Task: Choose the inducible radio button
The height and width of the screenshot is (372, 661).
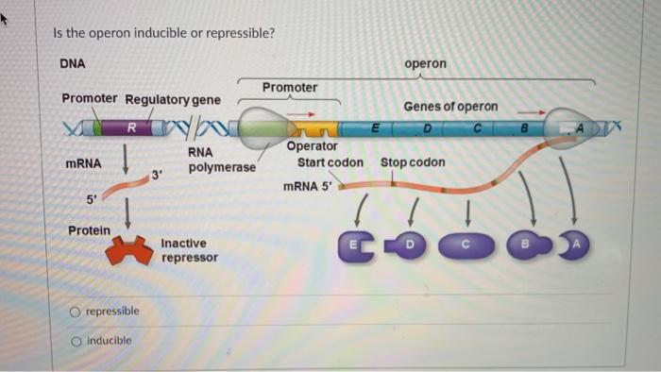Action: click(x=75, y=341)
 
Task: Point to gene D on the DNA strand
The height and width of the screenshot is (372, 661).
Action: click(x=427, y=127)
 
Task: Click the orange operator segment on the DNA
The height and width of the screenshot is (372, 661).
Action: click(x=315, y=127)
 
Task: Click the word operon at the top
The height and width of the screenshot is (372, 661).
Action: click(x=425, y=63)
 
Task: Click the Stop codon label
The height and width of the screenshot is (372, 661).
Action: click(x=413, y=162)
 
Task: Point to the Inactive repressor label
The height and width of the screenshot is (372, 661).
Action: click(x=189, y=250)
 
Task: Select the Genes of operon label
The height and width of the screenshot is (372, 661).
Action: click(x=450, y=107)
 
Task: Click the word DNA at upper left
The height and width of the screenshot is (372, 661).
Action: click(x=73, y=63)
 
